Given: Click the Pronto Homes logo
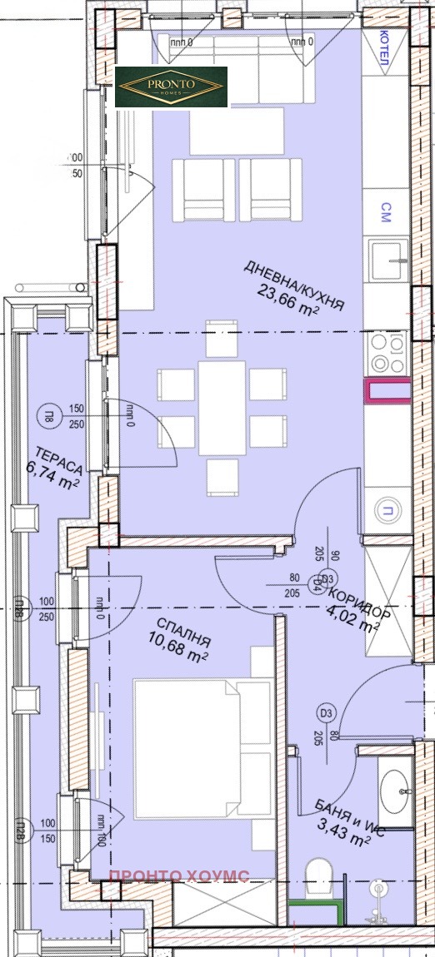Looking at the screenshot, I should point(171,87).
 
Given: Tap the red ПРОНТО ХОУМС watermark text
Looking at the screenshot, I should point(181,875).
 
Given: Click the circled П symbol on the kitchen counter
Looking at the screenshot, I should point(387,511).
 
